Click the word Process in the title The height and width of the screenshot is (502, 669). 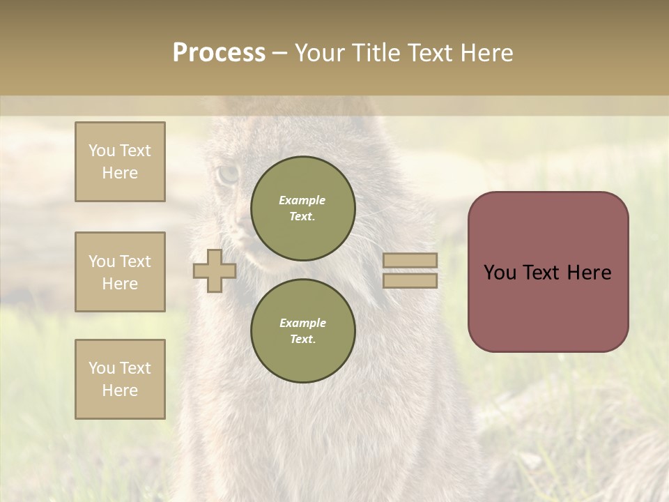[x=219, y=53]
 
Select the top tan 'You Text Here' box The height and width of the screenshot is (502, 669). [x=120, y=162]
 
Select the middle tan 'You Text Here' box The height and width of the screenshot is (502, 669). [x=120, y=272]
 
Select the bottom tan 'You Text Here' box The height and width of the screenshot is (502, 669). [x=120, y=379]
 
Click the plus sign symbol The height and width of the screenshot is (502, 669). [x=215, y=271]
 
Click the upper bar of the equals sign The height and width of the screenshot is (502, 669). [x=410, y=261]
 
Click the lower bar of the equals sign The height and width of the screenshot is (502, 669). [x=410, y=281]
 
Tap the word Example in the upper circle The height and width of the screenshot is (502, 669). [x=302, y=200]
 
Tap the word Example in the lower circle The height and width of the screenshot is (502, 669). [x=302, y=323]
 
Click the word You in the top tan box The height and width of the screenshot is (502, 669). [x=102, y=151]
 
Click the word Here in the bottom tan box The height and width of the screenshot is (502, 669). [x=120, y=390]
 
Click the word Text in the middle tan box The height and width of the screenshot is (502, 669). [x=135, y=261]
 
